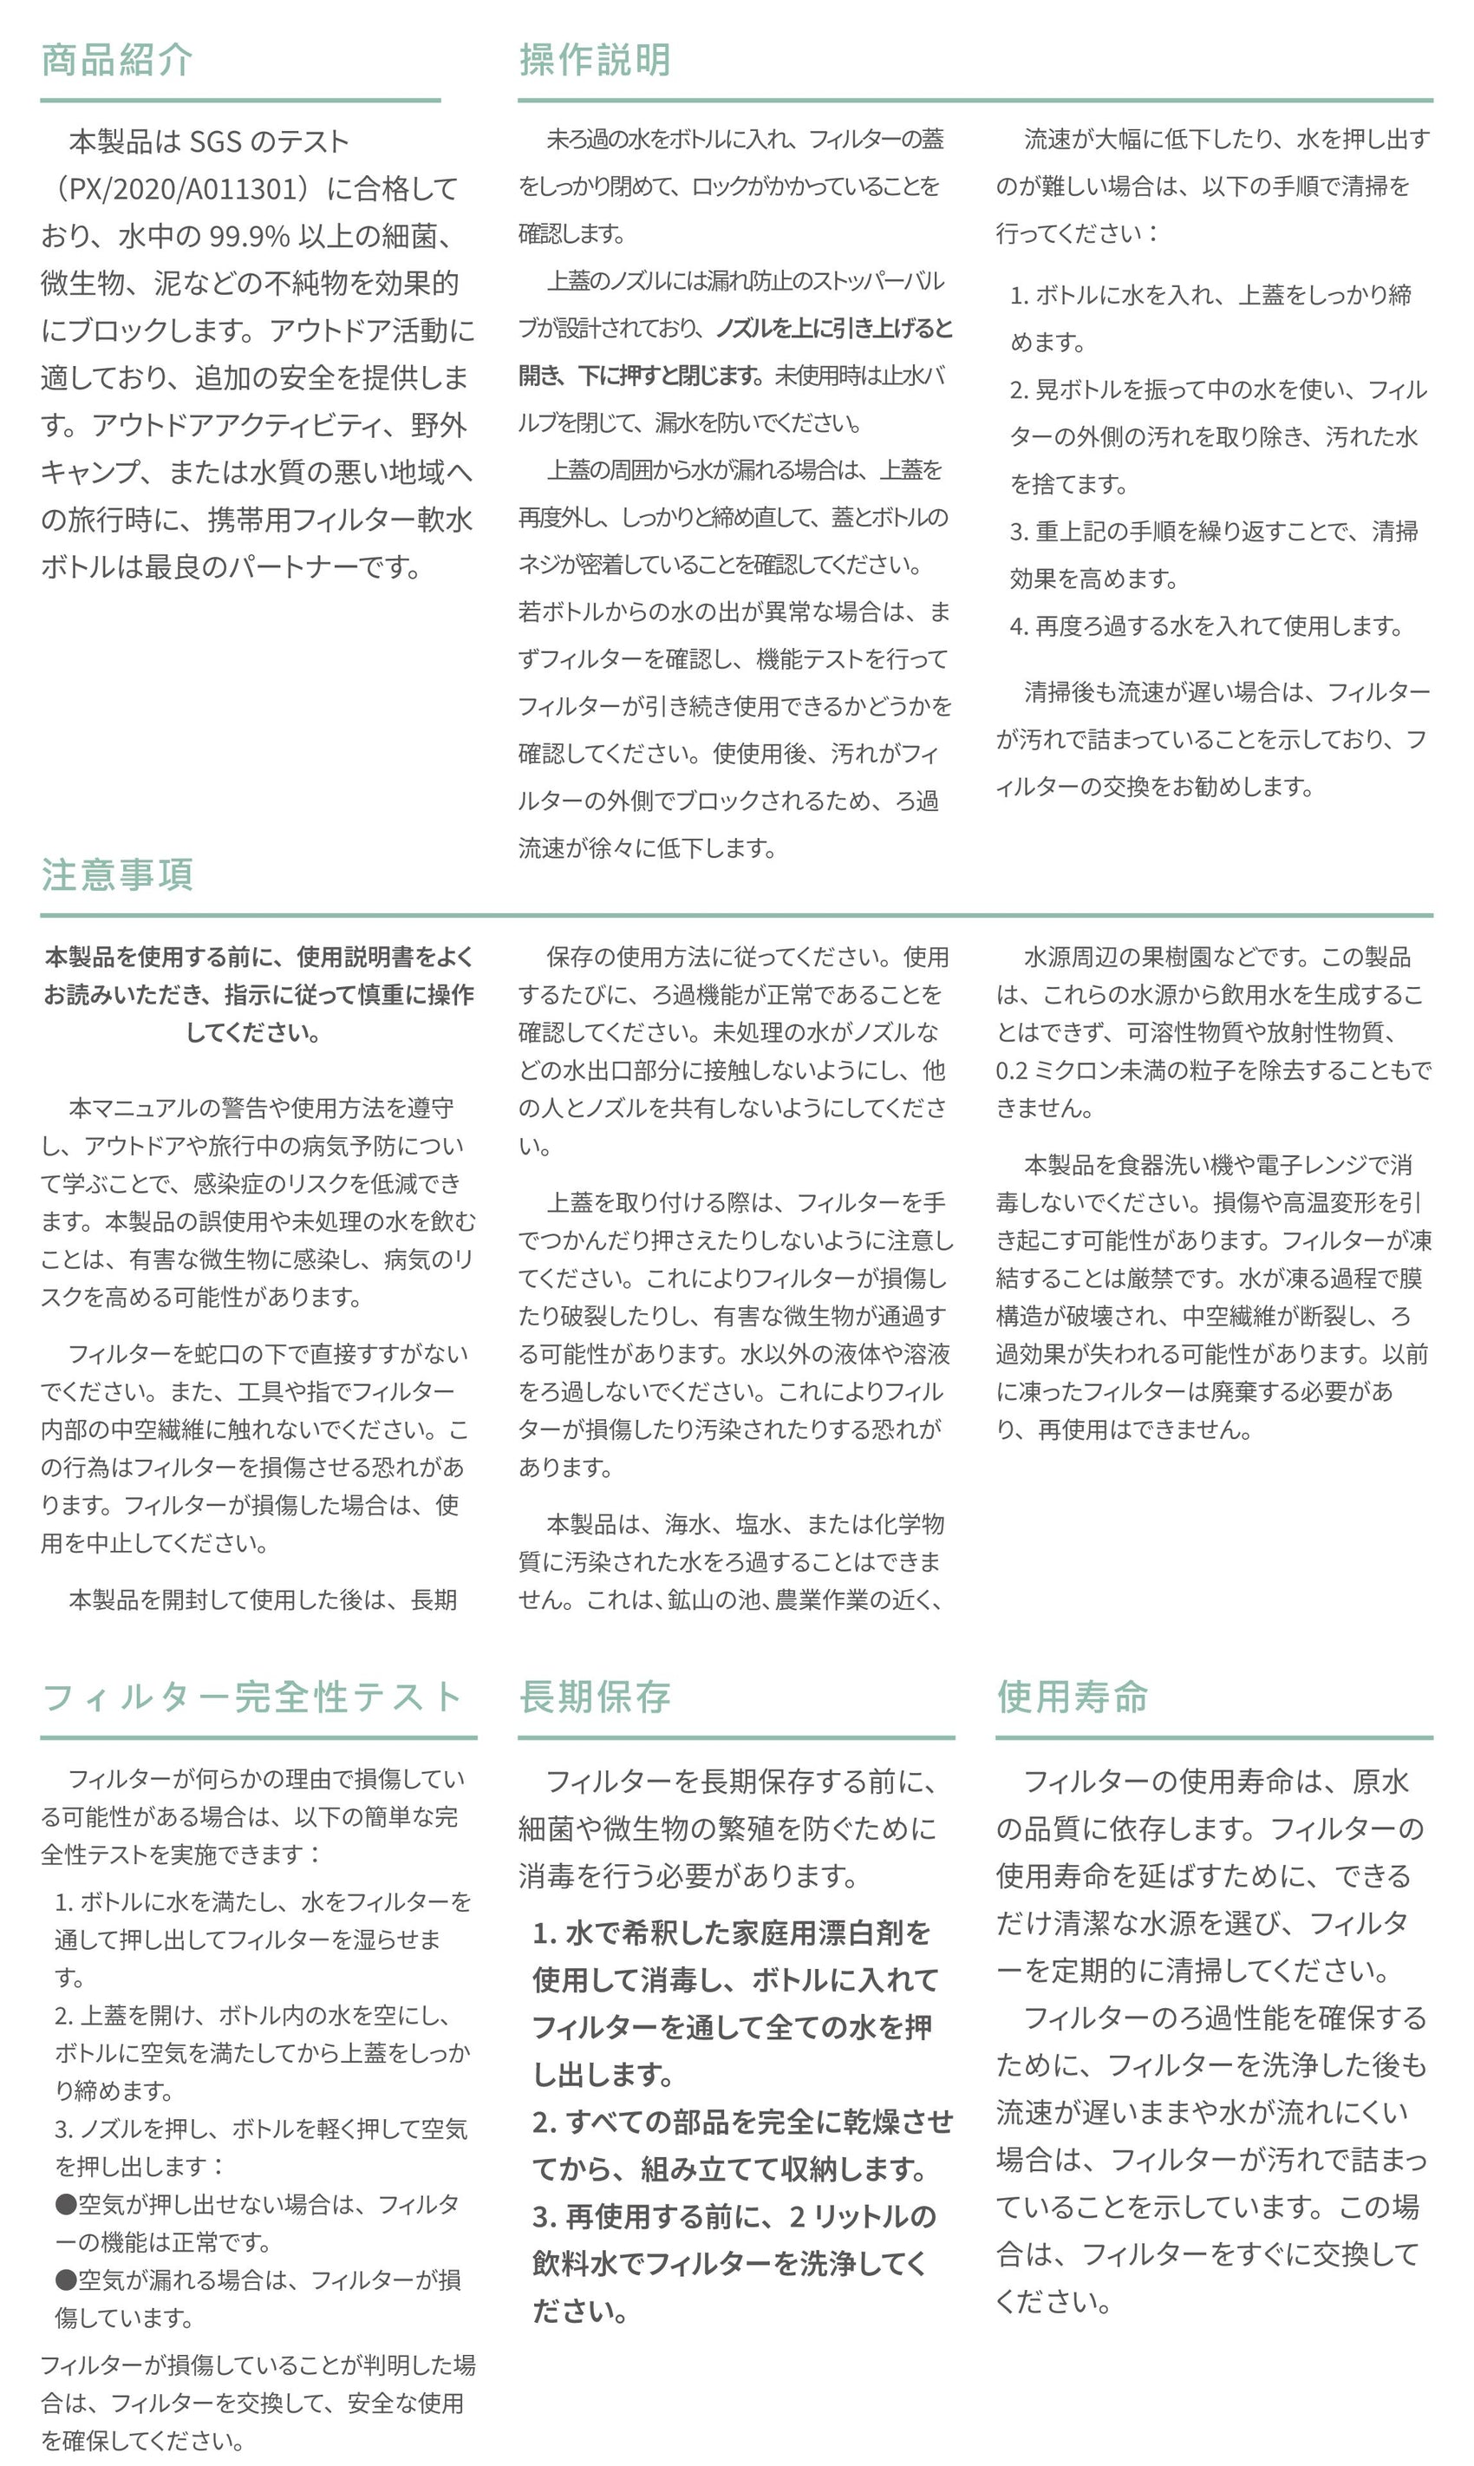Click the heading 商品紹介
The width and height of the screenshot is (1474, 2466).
click(116, 61)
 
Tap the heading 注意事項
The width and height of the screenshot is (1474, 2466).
click(116, 875)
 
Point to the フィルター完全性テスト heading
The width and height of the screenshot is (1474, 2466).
click(251, 1697)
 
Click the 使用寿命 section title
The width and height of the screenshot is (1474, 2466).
click(1073, 1697)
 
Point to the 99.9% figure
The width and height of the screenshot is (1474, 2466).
click(248, 237)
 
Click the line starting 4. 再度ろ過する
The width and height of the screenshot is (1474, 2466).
click(1206, 626)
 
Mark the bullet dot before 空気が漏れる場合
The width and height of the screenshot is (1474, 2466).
click(66, 2280)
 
